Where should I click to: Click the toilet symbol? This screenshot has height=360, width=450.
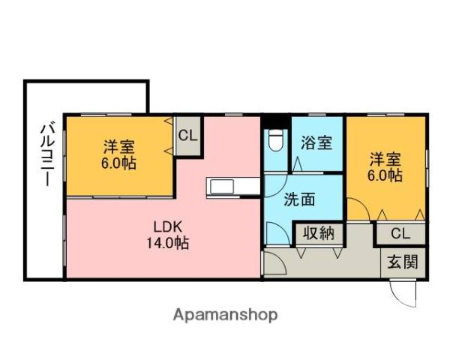275,140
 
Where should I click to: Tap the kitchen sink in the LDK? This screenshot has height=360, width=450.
222,187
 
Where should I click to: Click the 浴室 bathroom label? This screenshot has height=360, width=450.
316,142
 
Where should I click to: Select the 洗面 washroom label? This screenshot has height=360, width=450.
299,199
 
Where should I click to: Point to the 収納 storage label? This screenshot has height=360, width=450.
319,233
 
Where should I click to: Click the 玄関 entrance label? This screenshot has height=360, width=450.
403,262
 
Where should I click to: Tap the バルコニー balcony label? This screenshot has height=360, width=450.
46,154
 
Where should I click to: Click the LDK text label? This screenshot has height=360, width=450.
168,227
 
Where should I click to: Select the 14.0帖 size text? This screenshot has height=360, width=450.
168,243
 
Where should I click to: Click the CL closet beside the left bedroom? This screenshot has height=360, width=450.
188,136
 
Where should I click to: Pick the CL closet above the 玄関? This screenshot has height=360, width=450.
400,234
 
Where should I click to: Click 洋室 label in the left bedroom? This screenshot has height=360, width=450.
118,147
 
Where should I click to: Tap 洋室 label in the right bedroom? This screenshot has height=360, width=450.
385,159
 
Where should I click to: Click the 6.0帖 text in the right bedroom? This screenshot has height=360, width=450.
385,175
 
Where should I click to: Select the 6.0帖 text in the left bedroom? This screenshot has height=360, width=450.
118,163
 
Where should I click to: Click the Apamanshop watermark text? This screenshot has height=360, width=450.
225,315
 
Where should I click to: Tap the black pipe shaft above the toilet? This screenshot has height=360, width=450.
275,121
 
